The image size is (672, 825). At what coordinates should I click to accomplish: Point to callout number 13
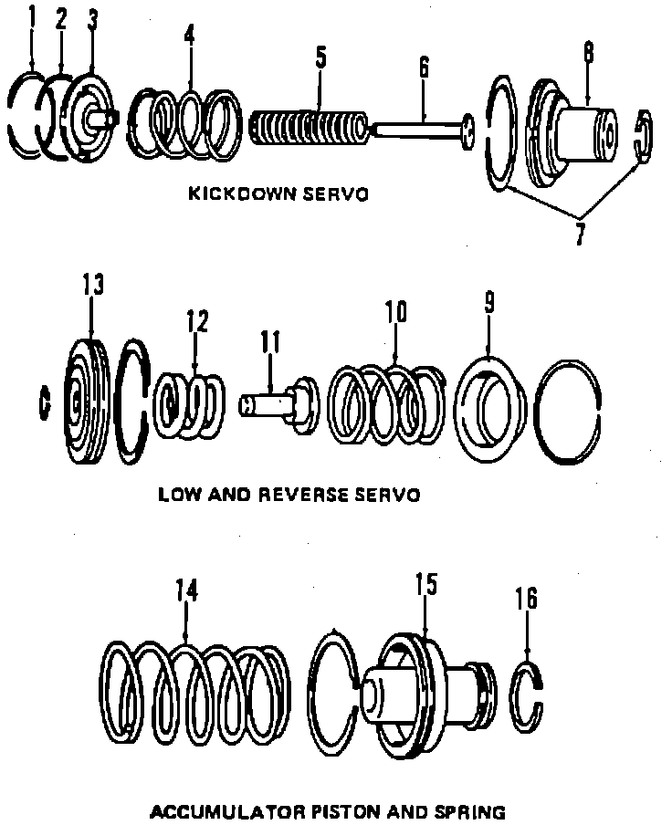[92, 285]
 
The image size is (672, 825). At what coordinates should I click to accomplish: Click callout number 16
[527, 599]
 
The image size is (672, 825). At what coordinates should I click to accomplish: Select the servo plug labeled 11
[278, 402]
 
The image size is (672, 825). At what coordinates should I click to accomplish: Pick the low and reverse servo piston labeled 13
[89, 402]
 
